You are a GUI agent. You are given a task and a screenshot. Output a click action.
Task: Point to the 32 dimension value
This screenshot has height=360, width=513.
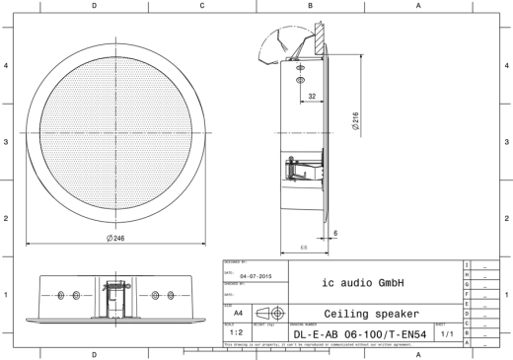pos(311,98)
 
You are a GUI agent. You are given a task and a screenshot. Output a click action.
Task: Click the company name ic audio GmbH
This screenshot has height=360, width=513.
pos(372,280)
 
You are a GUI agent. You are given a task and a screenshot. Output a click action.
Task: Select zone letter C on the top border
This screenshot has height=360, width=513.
pos(202,5)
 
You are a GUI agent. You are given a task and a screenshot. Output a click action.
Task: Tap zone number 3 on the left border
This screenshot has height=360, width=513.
pos(6,141)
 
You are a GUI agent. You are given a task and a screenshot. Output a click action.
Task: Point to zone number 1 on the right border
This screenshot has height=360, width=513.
pos(506,294)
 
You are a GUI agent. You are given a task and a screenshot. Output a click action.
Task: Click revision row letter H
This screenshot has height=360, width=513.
pos(466,275)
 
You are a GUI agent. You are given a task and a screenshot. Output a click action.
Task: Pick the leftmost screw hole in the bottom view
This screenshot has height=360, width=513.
pos(58,296)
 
